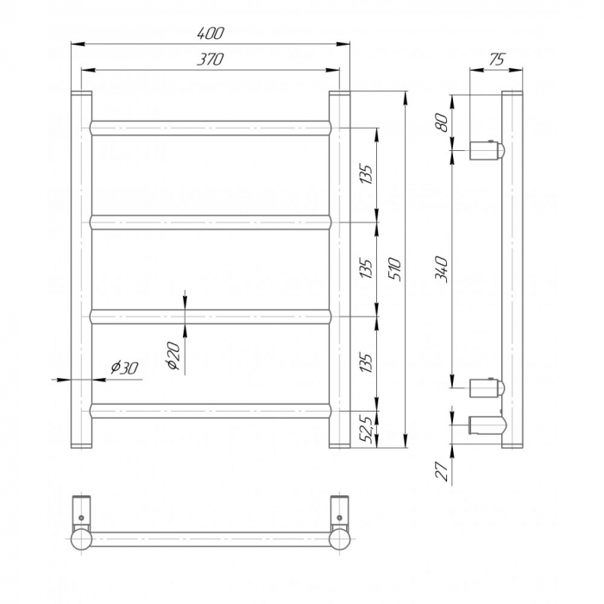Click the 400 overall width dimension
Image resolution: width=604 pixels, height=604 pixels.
click(x=210, y=34)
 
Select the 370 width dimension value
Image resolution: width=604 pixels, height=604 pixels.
click(x=210, y=60)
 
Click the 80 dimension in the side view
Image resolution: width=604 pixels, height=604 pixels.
click(x=442, y=122)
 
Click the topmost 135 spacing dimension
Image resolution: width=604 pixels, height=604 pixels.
click(x=368, y=176)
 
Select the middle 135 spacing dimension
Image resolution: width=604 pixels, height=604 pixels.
click(x=368, y=269)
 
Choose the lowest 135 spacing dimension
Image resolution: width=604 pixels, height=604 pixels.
click(x=368, y=363)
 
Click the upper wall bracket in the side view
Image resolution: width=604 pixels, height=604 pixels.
click(x=485, y=150)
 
